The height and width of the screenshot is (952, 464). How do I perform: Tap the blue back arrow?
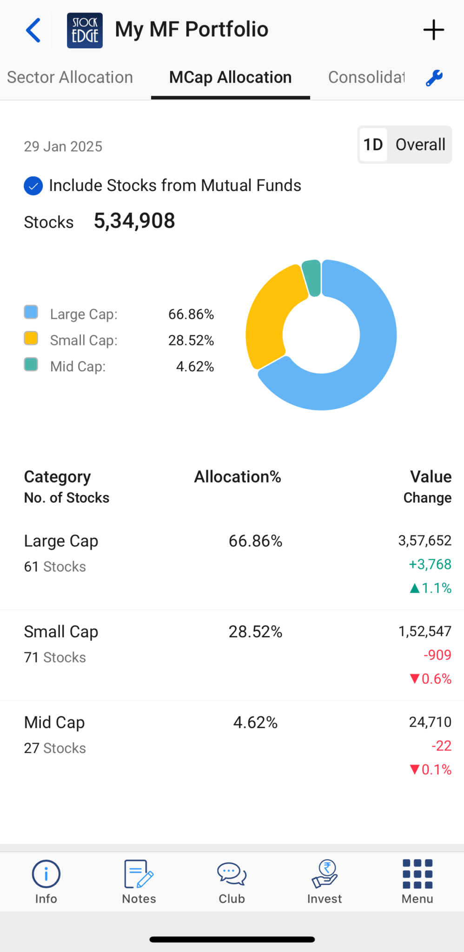[33, 31]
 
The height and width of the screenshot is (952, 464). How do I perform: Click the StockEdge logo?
[85, 31]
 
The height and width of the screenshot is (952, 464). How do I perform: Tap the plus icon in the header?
[433, 30]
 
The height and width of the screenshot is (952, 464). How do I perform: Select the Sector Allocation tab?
[70, 77]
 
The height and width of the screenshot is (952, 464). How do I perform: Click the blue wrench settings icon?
[434, 78]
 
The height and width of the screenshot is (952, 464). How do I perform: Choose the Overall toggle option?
[420, 145]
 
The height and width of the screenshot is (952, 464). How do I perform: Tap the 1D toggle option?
[373, 145]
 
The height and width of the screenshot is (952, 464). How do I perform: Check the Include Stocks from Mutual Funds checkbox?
[33, 186]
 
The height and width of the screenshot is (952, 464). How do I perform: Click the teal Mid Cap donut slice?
[312, 278]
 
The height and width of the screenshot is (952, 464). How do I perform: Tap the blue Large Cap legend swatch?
[31, 312]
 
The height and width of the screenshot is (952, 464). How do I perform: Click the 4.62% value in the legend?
[195, 367]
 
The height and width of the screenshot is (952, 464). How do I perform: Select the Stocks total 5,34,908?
[134, 221]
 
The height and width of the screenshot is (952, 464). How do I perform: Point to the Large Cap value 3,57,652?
[424, 541]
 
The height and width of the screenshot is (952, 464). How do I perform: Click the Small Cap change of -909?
[437, 655]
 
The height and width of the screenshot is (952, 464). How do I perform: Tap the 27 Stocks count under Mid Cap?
[55, 748]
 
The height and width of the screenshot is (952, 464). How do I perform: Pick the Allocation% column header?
[238, 477]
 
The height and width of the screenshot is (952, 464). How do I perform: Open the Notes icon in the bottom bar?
[139, 881]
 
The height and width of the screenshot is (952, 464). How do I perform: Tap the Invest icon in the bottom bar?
[325, 881]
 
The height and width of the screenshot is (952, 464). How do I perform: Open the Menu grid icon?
[417, 881]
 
